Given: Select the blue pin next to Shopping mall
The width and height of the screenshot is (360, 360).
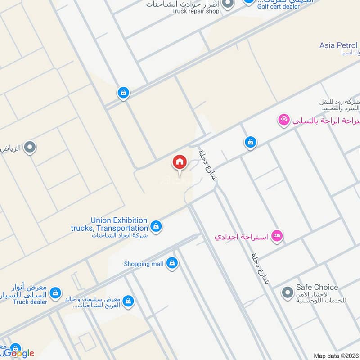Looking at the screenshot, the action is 171,263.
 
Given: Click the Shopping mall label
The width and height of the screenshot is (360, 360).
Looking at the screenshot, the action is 144,264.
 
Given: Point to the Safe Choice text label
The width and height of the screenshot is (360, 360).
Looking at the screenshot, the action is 317,287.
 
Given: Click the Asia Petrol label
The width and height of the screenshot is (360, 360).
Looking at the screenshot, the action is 338,45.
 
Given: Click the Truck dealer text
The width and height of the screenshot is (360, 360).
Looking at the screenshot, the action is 30,301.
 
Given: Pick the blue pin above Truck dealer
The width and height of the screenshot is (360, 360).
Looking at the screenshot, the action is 55,293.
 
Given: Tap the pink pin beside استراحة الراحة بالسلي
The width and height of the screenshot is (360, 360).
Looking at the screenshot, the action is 283,120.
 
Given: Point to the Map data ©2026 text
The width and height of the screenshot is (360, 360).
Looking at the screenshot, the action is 336,355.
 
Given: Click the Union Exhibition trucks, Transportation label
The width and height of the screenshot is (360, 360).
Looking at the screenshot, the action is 119,224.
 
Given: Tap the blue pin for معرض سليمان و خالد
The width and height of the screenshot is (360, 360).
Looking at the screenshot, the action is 128,300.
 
